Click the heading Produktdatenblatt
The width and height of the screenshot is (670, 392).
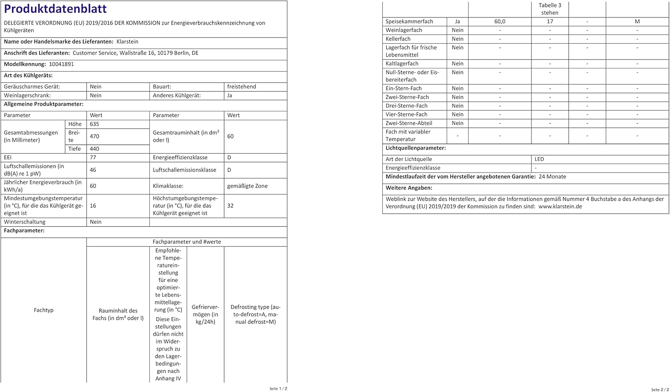tap(55, 9)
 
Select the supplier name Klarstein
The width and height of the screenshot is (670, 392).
tap(127, 42)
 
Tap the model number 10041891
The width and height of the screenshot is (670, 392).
tap(62, 64)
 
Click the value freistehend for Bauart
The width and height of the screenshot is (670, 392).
tap(241, 87)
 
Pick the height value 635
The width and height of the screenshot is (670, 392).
tap(94, 124)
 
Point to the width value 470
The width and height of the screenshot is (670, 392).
tap(94, 136)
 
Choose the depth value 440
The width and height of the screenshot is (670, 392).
tap(94, 149)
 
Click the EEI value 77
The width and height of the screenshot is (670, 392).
tap(93, 157)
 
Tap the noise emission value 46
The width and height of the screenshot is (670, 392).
tap(93, 170)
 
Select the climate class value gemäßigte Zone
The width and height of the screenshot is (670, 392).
tap(247, 186)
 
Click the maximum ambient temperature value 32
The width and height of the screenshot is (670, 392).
tap(230, 206)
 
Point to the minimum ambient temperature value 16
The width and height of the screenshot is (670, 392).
tap(93, 206)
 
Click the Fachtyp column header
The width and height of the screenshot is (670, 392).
tap(43, 310)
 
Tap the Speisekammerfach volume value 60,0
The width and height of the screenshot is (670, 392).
tap(500, 21)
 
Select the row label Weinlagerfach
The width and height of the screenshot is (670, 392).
tap(404, 30)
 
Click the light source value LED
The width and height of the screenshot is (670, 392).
tap(539, 159)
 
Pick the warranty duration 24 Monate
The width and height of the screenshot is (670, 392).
tap(552, 177)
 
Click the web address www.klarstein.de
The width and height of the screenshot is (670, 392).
tap(560, 207)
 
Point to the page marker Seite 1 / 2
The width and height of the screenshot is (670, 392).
tap(278, 389)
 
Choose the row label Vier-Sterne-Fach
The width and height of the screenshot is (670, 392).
tap(406, 114)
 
